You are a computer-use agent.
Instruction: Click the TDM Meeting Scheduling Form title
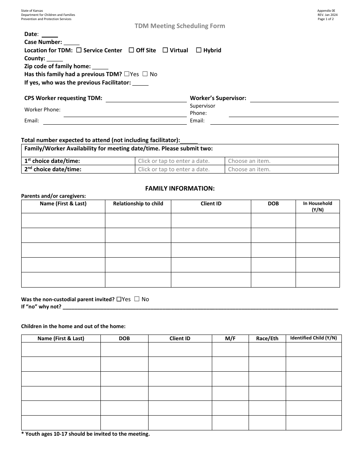tap(180, 26)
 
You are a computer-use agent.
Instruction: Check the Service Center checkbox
tap(79, 50)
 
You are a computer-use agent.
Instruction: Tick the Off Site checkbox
tap(131, 50)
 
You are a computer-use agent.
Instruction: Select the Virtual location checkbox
tap(165, 50)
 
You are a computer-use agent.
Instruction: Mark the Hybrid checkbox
tap(199, 50)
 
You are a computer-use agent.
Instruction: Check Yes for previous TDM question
tap(127, 74)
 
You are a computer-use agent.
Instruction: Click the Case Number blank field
tap(72, 42)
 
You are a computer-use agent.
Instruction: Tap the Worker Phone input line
tap(125, 114)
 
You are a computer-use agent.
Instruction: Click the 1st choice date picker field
tap(180, 161)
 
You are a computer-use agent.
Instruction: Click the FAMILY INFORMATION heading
tap(180, 188)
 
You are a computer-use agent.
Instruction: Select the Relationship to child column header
tap(138, 204)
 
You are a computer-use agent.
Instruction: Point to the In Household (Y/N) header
tap(318, 206)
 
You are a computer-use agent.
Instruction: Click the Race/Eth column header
tap(267, 338)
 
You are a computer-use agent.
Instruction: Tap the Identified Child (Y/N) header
tap(313, 338)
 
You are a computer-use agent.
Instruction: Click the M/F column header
tap(230, 338)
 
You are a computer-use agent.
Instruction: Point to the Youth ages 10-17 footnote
tap(86, 434)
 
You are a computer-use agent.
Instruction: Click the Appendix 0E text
tap(326, 11)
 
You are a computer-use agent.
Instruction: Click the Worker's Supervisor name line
tap(294, 99)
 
